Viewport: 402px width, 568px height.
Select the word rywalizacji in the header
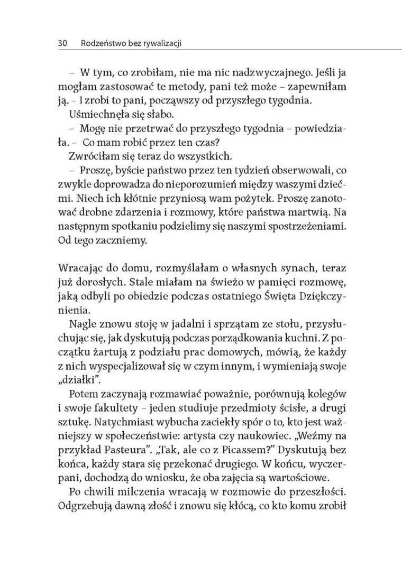coord(162,43)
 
